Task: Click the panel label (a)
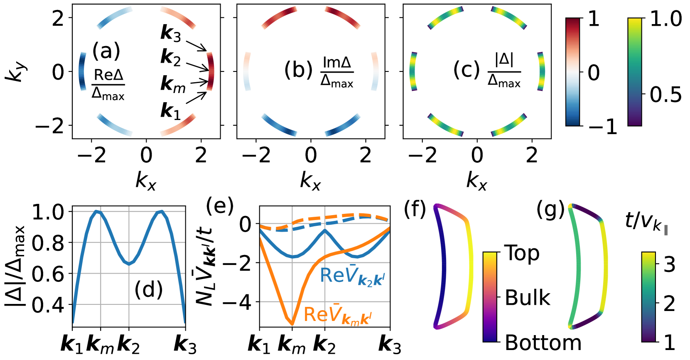pyautogui.click(x=106, y=51)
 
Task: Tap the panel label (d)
pyautogui.click(x=148, y=289)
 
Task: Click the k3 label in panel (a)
pyautogui.click(x=171, y=33)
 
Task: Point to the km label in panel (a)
pyautogui.click(x=173, y=84)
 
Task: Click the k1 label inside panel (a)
pyautogui.click(x=171, y=111)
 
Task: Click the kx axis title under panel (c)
pyautogui.click(x=477, y=181)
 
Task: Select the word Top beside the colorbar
pyautogui.click(x=522, y=253)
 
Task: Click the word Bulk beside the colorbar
pyautogui.click(x=528, y=298)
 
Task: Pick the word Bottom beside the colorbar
pyautogui.click(x=543, y=343)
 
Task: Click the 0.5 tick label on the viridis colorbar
pyautogui.click(x=665, y=95)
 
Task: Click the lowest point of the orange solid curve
pyautogui.click(x=292, y=324)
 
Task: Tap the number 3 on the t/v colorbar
pyautogui.click(x=669, y=264)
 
